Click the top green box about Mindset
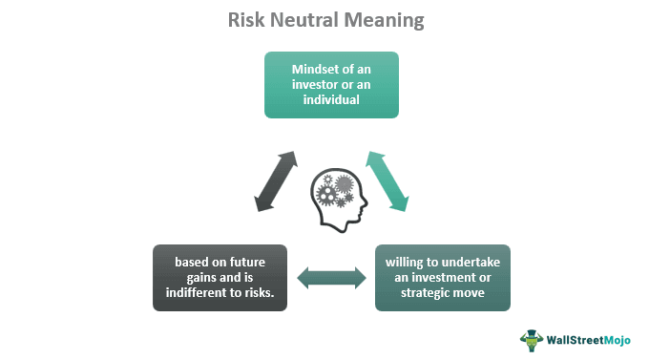coord(330,85)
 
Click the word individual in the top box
coord(330,100)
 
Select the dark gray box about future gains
coord(220,278)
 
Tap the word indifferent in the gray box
coord(203,293)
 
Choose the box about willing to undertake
coord(442,278)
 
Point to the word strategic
coord(421,293)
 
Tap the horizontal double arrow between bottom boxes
coord(331,278)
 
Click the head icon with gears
coord(330,196)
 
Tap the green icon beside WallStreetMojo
coord(532,339)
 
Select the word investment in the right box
coord(448,278)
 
